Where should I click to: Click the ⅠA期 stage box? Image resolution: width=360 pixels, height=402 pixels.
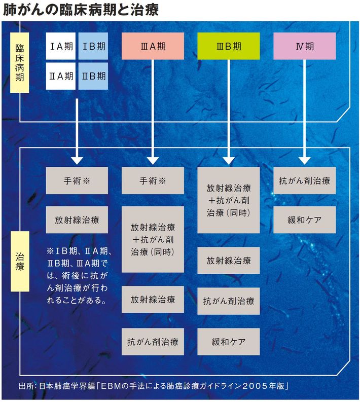coord(61,47)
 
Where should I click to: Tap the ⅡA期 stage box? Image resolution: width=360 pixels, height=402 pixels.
coord(61,76)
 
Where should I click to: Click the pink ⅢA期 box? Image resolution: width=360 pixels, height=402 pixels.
coord(152,47)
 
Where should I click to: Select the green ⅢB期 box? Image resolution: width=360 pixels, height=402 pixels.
coord(228,47)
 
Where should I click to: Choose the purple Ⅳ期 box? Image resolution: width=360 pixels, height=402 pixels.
coord(304,47)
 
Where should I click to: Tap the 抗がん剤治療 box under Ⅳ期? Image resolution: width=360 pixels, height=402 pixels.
coord(304,180)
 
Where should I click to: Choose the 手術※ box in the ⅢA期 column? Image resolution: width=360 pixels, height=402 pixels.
coord(152,180)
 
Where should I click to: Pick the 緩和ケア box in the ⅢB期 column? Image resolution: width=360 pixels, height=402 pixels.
coord(228,342)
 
